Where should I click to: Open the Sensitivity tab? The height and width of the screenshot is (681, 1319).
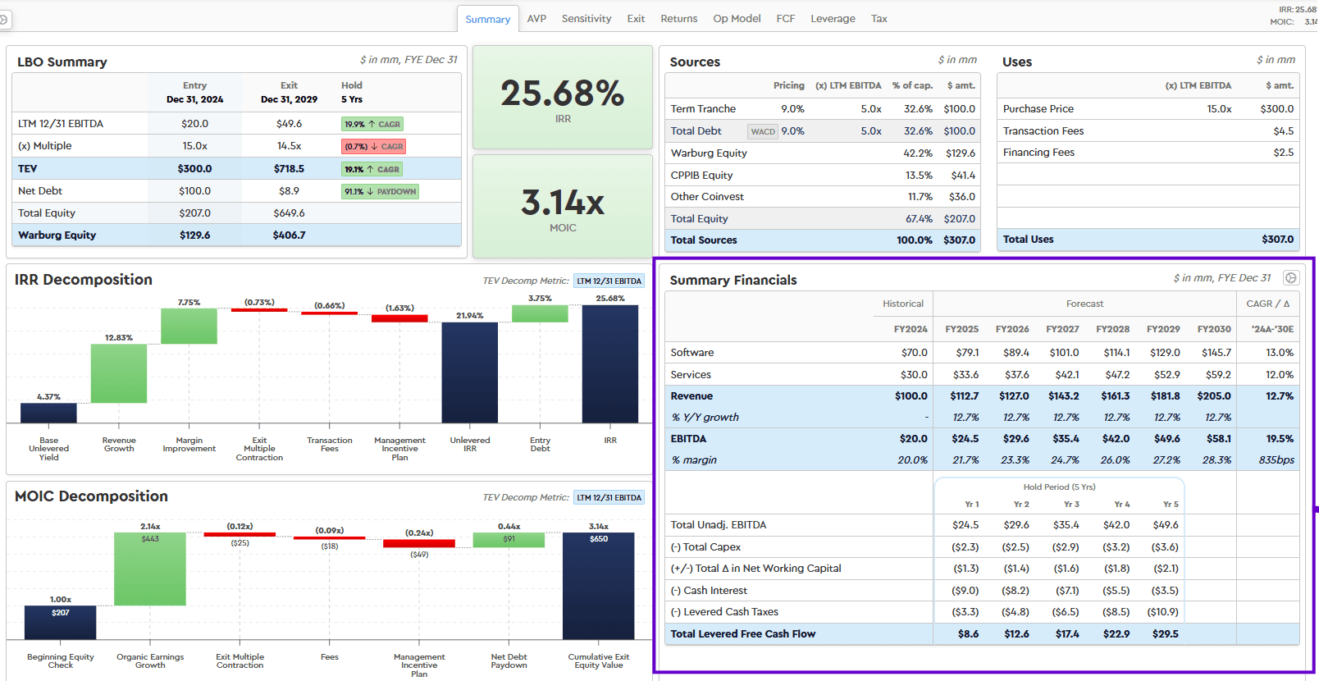(x=586, y=19)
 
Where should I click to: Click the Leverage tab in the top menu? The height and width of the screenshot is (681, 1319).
(x=833, y=19)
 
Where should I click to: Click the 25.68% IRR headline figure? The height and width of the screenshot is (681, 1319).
(x=563, y=94)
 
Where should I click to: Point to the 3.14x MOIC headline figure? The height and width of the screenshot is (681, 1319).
(x=563, y=203)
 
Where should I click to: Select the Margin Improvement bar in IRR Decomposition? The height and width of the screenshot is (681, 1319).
(x=189, y=327)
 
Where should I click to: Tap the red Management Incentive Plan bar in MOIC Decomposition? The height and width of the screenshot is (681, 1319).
(x=419, y=543)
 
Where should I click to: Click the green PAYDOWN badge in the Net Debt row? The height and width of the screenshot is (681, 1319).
(x=381, y=191)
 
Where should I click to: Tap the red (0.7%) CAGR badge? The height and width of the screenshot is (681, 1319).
(x=374, y=147)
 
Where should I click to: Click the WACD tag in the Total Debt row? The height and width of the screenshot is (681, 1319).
(x=763, y=131)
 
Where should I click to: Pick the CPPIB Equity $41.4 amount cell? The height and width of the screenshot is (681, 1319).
(x=963, y=175)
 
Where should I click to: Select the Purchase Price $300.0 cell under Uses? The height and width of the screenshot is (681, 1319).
(x=1276, y=108)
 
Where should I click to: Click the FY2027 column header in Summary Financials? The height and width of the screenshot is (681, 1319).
(x=1062, y=329)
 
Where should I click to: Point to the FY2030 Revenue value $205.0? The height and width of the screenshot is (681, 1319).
(x=1214, y=395)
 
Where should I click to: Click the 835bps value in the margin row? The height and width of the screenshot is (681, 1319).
(x=1276, y=459)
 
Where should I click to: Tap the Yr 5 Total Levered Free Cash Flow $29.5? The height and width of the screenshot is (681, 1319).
(x=1165, y=633)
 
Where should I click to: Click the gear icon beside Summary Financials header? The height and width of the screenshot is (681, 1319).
(x=1291, y=278)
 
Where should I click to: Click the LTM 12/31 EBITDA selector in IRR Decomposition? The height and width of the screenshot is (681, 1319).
(x=609, y=281)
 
